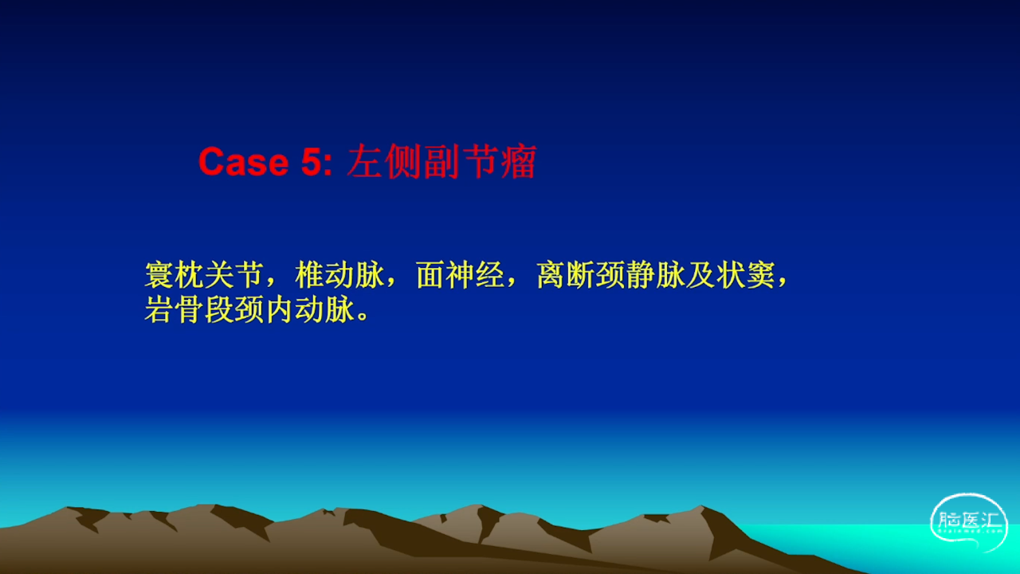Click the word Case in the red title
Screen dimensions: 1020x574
(244, 162)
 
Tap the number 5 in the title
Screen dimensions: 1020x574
(312, 162)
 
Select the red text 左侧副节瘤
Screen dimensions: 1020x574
(441, 161)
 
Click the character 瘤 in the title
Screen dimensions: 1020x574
(519, 161)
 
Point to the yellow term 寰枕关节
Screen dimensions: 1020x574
(204, 275)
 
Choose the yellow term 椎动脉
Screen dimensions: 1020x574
(339, 275)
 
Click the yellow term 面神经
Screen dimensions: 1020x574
(460, 275)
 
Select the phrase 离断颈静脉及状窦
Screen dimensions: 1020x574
(656, 275)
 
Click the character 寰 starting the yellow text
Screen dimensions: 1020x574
(159, 275)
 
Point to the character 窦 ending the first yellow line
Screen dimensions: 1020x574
(760, 275)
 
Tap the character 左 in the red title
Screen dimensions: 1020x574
(364, 161)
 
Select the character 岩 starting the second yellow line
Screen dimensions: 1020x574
(159, 310)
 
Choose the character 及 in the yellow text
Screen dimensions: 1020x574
(700, 275)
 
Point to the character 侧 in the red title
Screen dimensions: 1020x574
(403, 161)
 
